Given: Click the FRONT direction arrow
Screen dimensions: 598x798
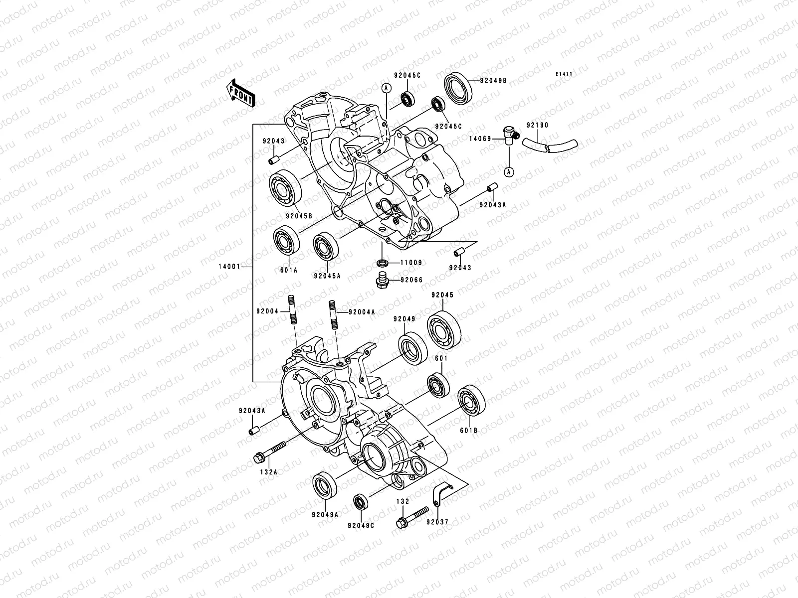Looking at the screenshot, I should click(x=247, y=93).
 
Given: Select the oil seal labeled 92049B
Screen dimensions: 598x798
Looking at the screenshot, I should click(x=458, y=88).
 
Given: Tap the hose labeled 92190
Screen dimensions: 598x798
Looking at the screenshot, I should click(x=551, y=146).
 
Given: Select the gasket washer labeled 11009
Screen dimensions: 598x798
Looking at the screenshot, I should click(x=382, y=262).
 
